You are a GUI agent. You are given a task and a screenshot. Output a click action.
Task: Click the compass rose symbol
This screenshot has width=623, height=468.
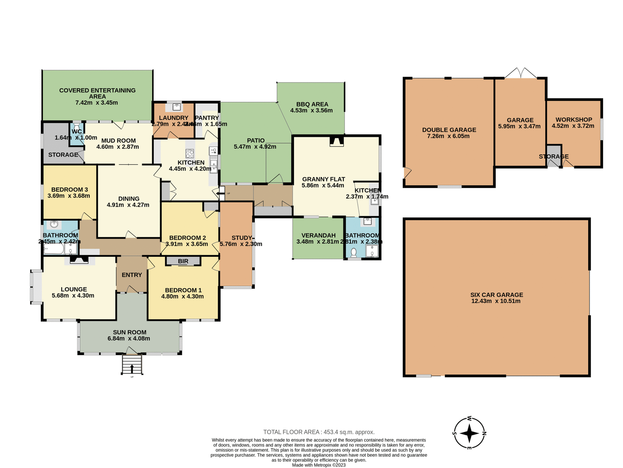pos(469,433)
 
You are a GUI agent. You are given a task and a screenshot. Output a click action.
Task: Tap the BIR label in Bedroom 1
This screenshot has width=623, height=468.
pos(183,261)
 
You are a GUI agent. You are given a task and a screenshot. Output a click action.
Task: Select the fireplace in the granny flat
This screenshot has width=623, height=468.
pos(336,142)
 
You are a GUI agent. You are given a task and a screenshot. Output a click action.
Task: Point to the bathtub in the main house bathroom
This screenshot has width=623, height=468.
pos(54,250)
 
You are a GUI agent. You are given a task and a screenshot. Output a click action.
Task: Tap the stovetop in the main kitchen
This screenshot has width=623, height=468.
pos(190,153)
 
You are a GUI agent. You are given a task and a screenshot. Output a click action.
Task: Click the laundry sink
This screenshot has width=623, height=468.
pos(177,106)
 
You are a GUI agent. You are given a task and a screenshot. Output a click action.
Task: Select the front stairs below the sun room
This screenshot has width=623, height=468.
pos(132,365)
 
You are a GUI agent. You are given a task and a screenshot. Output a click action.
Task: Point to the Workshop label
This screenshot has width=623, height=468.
pos(574,120)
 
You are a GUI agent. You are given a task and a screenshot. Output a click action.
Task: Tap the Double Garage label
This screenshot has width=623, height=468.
pos(449,130)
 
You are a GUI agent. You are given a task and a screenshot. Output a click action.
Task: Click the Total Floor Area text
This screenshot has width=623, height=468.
pos(319,432)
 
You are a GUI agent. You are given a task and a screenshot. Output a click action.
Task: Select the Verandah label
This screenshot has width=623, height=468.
pos(318,235)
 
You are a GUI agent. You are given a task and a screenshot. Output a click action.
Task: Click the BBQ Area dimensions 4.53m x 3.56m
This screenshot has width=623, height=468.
pos(311,110)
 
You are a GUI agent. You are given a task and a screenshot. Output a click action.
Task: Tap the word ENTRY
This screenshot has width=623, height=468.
pos(132,275)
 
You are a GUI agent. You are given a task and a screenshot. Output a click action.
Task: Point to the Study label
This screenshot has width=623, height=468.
pos(241,238)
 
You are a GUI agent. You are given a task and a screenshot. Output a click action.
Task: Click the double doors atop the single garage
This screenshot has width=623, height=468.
pos(521,73)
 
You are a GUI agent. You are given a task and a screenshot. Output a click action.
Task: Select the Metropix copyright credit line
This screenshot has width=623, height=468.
pos(319,465)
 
